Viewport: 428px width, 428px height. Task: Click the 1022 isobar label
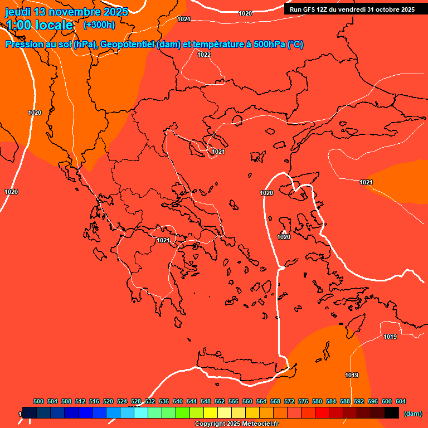point(204,55)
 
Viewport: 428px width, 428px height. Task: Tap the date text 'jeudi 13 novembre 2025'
point(67,12)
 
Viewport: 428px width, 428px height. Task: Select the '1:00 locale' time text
point(40,25)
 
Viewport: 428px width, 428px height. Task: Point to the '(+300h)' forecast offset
point(99,25)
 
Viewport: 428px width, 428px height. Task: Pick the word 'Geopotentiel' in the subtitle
point(127,45)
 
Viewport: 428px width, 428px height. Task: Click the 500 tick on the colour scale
point(38,401)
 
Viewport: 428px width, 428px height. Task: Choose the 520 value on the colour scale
point(108,401)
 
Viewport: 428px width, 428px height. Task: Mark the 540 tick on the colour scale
point(178,401)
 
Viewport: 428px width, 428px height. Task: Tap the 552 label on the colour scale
point(220,401)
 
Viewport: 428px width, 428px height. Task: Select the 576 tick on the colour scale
point(303,401)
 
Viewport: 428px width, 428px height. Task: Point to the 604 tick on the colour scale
point(401,401)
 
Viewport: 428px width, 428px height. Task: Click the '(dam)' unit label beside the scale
point(412,414)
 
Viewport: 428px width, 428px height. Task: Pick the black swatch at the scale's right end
point(391,412)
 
